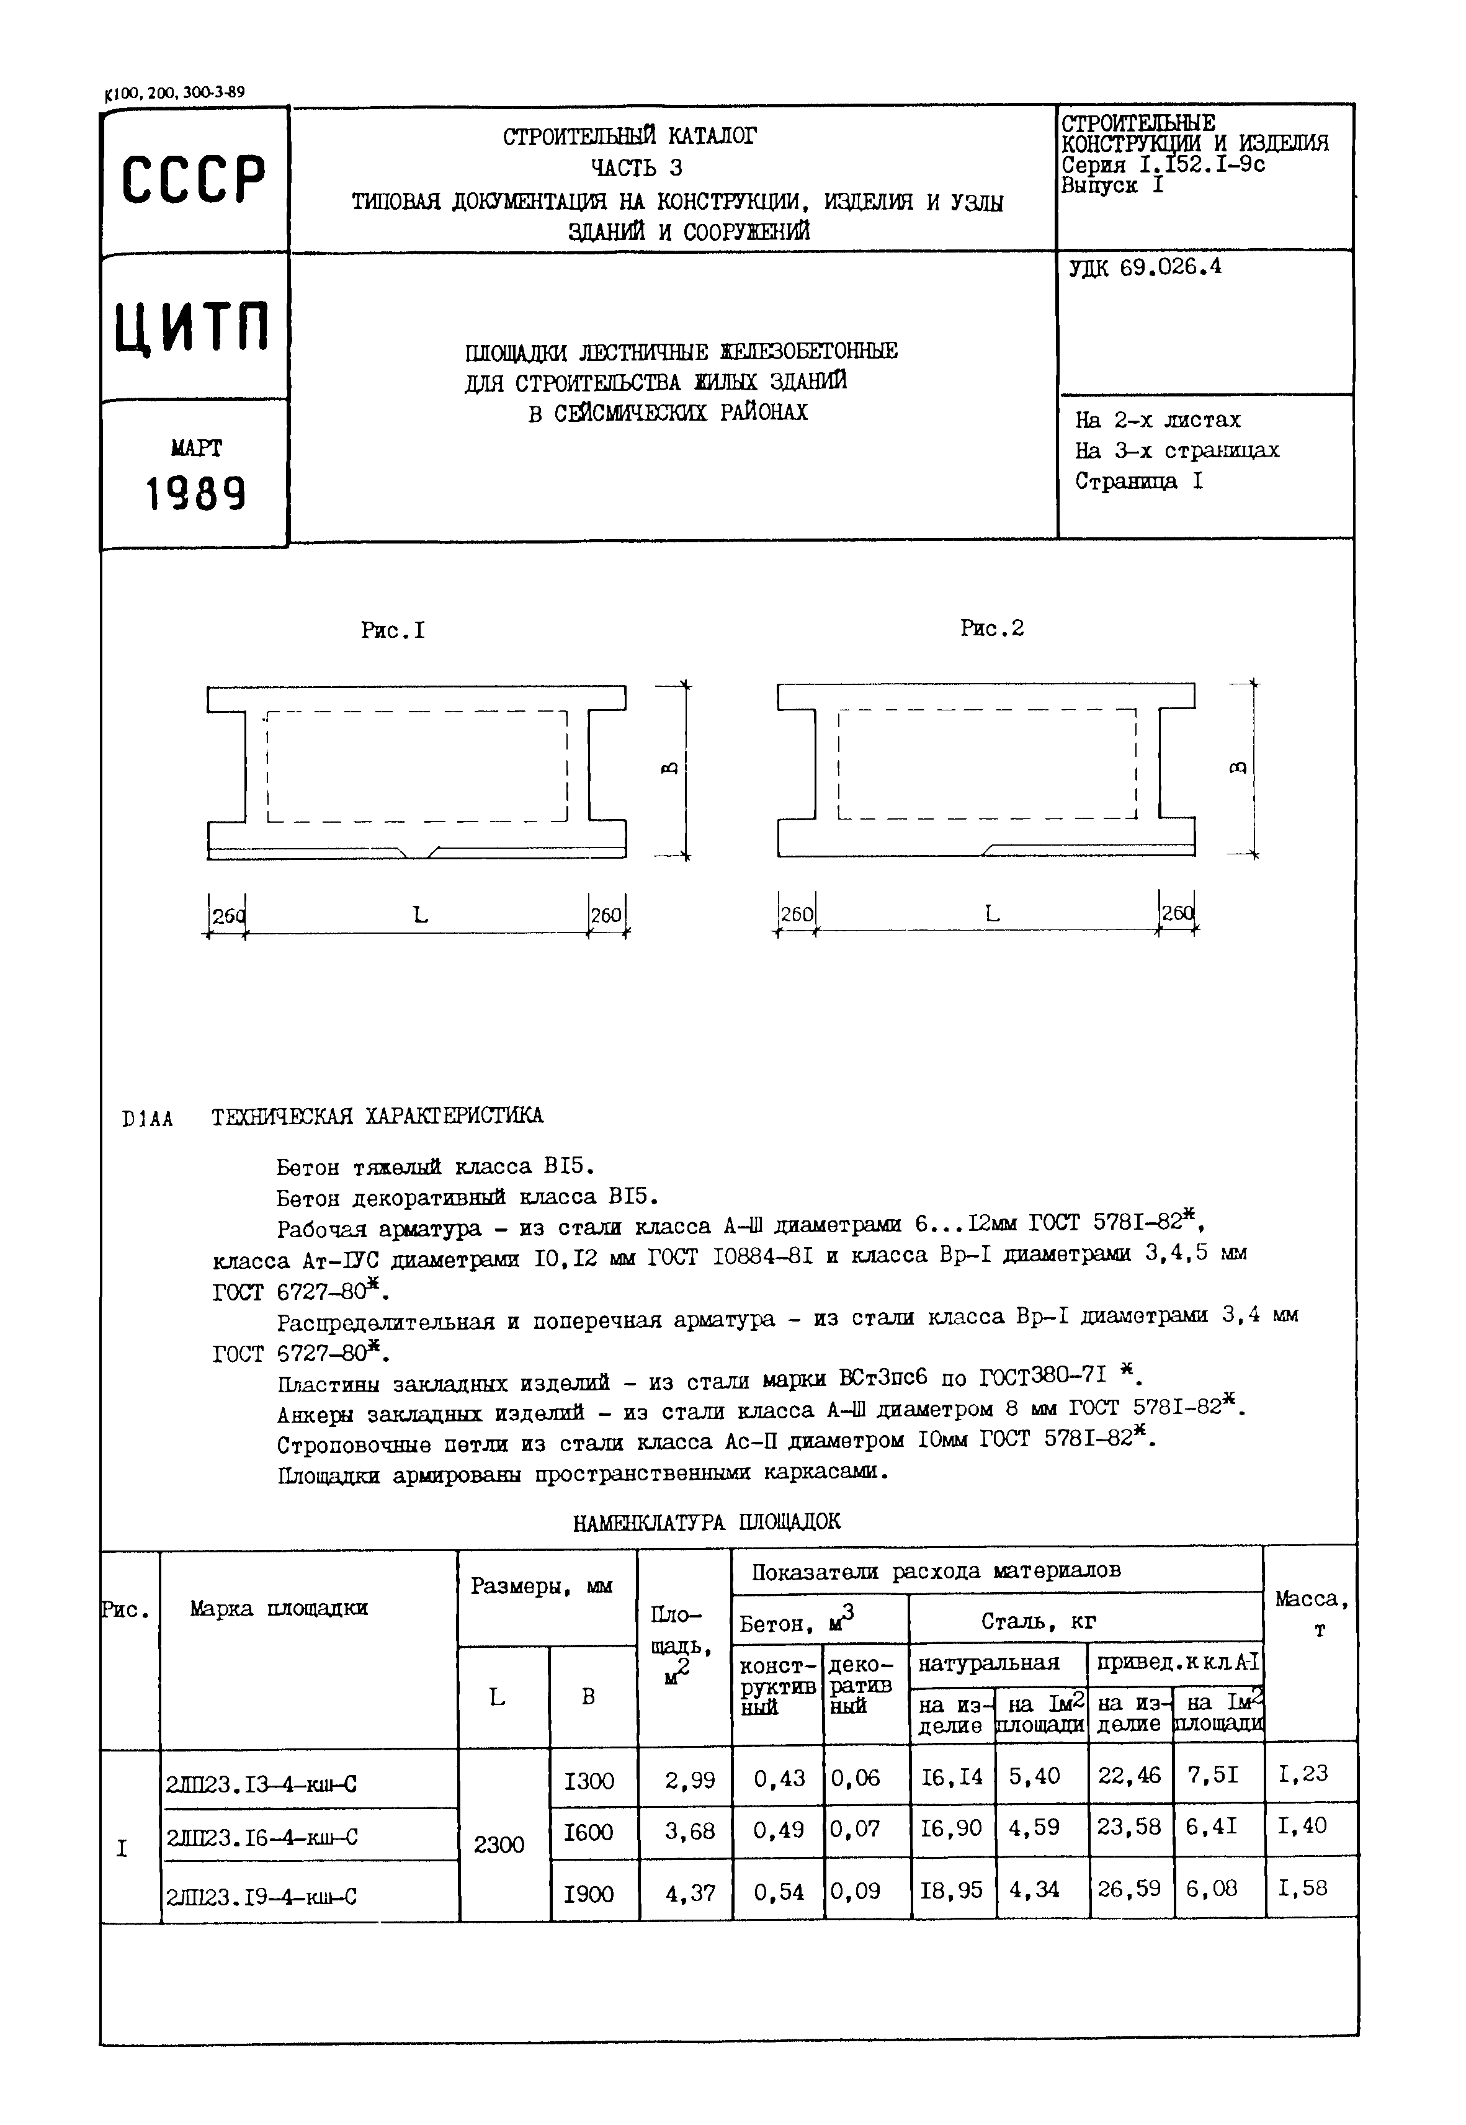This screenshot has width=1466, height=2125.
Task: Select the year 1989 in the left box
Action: tap(195, 495)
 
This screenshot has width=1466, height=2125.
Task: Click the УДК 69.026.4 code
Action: tap(1145, 268)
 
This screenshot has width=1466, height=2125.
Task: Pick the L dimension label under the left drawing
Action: tap(420, 915)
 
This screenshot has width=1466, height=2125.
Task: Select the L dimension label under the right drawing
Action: tap(991, 914)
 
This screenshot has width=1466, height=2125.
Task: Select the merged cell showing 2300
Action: tap(499, 1844)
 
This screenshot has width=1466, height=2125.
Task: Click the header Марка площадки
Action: tap(279, 1608)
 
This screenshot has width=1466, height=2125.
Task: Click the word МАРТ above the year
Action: tap(195, 448)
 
